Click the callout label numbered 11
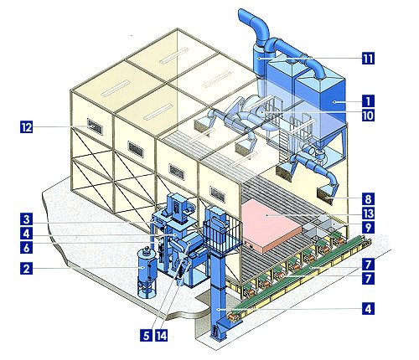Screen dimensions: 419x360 (x=368, y=59)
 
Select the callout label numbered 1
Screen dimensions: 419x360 (x=368, y=101)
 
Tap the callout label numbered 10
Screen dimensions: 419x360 (x=368, y=115)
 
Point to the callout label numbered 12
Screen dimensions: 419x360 (x=27, y=127)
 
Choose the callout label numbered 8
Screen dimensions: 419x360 (x=368, y=199)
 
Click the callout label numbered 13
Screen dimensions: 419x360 (x=368, y=213)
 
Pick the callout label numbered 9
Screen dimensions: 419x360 (x=368, y=228)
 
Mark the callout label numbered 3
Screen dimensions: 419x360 (x=27, y=219)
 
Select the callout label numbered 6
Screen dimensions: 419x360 (x=27, y=248)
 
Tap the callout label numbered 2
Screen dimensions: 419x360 (x=27, y=269)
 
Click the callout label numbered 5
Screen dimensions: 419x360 (x=146, y=336)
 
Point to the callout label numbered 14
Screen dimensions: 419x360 (x=161, y=336)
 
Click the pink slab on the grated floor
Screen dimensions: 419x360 (x=270, y=226)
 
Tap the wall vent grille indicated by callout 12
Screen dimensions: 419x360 (x=95, y=126)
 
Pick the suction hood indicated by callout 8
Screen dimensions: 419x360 (x=326, y=195)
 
